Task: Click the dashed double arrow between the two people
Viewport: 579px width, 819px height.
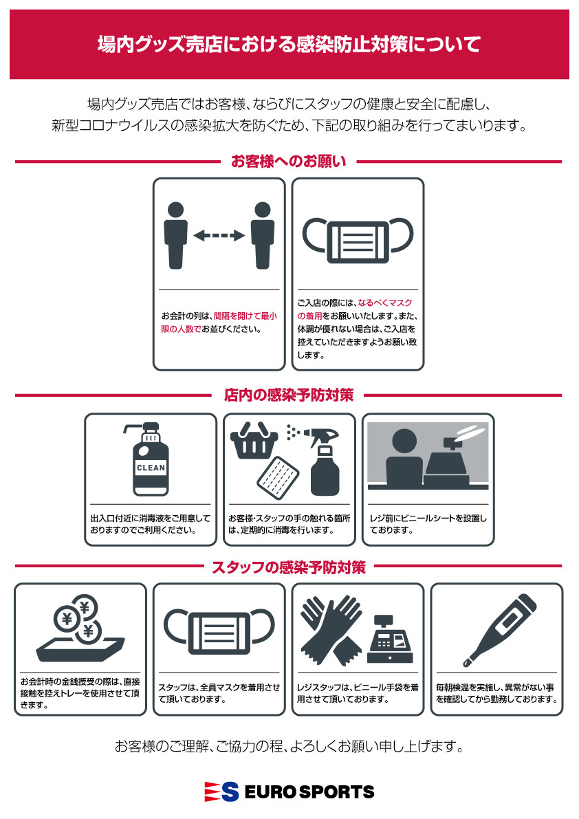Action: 219,236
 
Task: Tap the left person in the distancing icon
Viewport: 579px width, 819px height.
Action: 176,236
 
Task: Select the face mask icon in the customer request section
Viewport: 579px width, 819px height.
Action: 358,240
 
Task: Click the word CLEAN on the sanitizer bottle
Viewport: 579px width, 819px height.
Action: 151,468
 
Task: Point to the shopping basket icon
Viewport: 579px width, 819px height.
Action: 254,441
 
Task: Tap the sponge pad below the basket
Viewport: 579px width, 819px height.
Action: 278,478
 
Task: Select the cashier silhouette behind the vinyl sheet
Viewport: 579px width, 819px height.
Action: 404,459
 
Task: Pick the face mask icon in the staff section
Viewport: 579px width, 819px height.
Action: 219,631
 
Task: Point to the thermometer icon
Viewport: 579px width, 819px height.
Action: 500,631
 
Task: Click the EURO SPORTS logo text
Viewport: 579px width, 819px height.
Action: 309,792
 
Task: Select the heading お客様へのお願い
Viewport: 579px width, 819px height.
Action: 289,162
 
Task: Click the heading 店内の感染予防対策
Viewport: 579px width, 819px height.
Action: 289,395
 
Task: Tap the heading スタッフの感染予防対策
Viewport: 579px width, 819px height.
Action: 289,567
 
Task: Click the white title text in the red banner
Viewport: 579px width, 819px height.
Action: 289,45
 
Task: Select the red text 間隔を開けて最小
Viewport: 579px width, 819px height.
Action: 245,316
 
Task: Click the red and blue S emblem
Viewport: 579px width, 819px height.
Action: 221,792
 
